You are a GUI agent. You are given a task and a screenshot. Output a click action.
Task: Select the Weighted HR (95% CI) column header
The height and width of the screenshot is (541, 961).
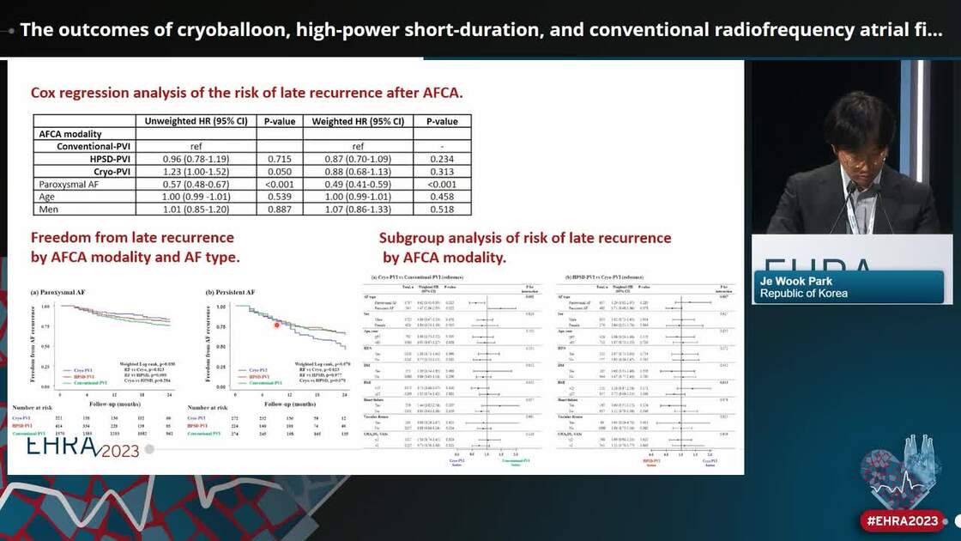[358, 121]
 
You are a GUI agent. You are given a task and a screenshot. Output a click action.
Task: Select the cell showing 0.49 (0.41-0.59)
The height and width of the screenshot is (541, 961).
[358, 184]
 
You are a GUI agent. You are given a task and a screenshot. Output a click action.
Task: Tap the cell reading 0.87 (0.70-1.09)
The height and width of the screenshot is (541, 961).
[358, 159]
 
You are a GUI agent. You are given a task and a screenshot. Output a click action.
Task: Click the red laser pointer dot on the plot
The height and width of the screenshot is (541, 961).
[277, 324]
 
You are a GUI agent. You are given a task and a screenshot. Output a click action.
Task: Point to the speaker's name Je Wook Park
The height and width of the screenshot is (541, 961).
[796, 281]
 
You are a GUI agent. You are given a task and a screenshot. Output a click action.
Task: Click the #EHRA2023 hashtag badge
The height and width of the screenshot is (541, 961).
[901, 520]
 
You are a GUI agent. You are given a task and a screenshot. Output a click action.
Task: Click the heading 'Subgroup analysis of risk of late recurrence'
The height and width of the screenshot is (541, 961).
[525, 238]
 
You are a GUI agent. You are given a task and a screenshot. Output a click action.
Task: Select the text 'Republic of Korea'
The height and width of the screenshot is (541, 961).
[803, 294]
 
